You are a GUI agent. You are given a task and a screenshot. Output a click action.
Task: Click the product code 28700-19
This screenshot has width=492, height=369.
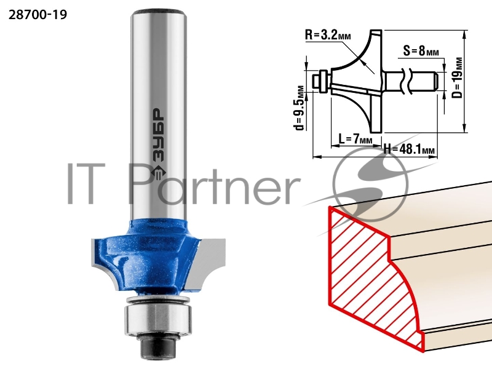point(38,14)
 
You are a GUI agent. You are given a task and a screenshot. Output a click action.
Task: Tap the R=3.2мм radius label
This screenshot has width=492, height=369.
point(328,35)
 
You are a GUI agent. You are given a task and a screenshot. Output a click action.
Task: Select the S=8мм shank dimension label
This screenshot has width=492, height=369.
point(421,50)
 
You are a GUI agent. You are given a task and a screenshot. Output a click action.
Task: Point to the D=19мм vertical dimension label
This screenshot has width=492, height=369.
point(458,77)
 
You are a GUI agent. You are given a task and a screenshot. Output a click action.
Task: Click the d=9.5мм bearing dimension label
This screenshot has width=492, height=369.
point(300,108)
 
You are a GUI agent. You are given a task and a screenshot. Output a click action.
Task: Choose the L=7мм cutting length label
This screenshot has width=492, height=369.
point(355,138)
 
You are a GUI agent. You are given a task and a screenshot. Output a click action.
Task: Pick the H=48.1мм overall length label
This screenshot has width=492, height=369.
point(409,149)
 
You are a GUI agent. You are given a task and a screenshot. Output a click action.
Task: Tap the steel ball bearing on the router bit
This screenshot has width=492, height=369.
point(157,315)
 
